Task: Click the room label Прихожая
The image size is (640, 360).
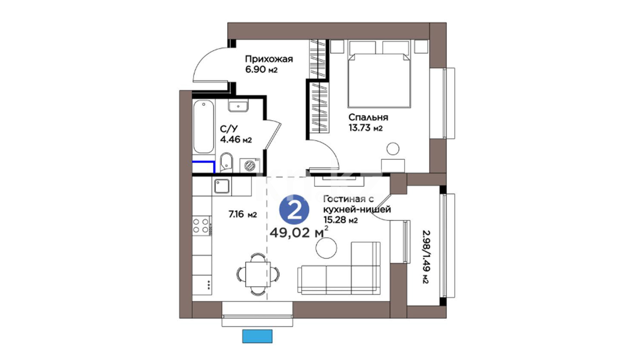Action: click(269, 59)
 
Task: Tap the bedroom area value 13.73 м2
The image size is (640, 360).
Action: click(365, 128)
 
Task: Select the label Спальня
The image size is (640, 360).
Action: click(368, 117)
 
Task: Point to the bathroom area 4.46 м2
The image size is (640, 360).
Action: click(236, 139)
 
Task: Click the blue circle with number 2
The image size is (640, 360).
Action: click(294, 210)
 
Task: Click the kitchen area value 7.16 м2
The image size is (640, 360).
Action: click(243, 214)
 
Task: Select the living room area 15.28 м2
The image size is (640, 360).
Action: click(340, 220)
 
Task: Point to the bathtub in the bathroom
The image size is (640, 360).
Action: click(203, 127)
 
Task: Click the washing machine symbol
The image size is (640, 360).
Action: click(250, 165)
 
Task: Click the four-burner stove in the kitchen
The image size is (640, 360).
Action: click(201, 226)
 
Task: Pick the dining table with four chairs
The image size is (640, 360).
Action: click(258, 274)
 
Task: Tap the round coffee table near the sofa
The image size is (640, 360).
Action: click(326, 248)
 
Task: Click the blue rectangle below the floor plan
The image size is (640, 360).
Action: click(257, 336)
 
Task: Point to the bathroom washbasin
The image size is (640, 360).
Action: click(238, 106)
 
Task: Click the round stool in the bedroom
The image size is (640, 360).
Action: click(393, 149)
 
